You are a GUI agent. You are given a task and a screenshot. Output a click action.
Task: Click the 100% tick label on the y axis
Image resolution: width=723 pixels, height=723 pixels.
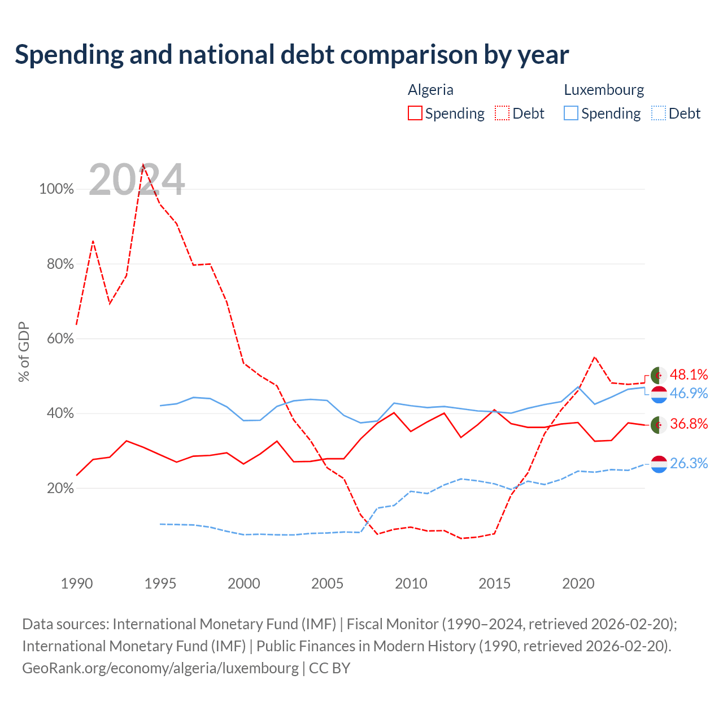(x=56, y=189)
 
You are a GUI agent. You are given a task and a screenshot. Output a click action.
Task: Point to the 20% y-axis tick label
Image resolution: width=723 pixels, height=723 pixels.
(x=60, y=488)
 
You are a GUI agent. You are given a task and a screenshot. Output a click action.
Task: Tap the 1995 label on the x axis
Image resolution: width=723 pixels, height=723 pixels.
(x=160, y=583)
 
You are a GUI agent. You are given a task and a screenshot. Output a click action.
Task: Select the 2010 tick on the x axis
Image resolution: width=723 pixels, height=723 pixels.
(x=411, y=583)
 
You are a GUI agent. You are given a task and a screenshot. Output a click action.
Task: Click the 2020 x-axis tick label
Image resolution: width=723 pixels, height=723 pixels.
(x=578, y=583)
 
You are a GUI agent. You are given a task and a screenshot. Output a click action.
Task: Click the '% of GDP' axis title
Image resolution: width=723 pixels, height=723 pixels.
(x=24, y=351)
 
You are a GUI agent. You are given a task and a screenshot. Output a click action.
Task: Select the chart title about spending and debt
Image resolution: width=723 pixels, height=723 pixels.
(x=292, y=55)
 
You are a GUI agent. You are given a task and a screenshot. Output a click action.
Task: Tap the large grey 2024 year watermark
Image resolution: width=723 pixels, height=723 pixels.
(x=137, y=180)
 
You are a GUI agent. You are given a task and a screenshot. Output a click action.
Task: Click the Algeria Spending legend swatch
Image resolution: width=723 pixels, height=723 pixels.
(x=415, y=113)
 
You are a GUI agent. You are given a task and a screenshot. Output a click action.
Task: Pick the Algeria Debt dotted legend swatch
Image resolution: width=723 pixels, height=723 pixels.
(x=502, y=113)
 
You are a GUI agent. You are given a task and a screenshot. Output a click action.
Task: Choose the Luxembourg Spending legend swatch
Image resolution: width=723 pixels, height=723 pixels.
(x=570, y=113)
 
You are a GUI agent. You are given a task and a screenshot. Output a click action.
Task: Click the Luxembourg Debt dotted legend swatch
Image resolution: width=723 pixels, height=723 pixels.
(x=658, y=113)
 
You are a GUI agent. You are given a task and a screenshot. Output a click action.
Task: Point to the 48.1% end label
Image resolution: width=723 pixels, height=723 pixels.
(x=689, y=374)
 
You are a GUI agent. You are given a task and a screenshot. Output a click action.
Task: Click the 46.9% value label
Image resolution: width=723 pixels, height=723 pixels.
(x=689, y=393)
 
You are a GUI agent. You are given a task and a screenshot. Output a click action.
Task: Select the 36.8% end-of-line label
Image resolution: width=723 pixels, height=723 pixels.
(x=689, y=424)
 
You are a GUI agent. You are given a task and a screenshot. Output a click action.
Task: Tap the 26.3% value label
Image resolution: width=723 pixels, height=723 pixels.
(x=689, y=463)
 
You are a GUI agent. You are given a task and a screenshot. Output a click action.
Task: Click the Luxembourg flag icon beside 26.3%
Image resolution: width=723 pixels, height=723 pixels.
(x=659, y=464)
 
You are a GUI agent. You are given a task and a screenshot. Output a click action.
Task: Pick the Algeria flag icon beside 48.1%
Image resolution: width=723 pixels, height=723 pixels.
(x=659, y=375)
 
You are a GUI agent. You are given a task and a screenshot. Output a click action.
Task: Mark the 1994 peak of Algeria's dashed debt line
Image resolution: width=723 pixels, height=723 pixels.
(x=143, y=164)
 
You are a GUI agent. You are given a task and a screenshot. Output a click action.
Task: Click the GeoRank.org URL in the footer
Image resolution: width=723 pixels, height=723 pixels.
(x=160, y=668)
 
